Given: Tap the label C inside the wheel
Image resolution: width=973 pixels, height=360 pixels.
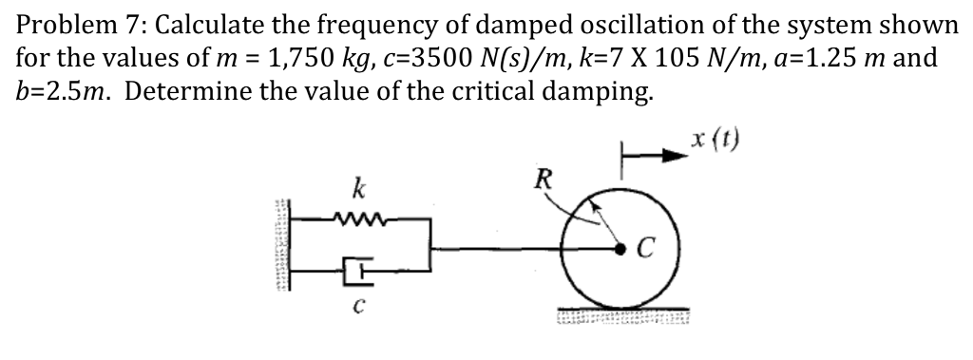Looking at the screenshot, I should click(x=646, y=250).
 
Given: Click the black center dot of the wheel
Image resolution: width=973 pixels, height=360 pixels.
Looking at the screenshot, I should click(x=620, y=250).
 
